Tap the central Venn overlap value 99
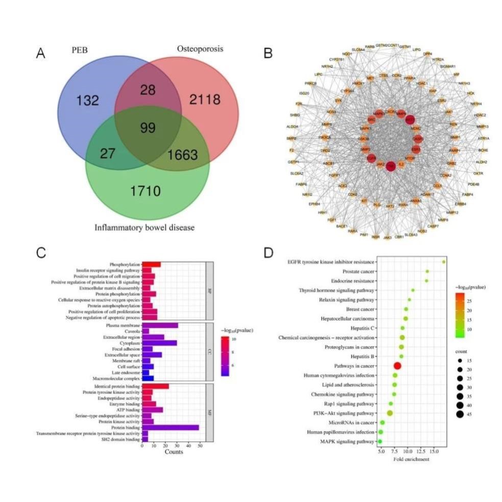tap(148, 128)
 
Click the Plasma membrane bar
tap(160, 325)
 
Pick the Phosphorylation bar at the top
tap(151, 264)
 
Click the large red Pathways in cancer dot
tap(397, 366)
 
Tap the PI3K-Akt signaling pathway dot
tap(390, 413)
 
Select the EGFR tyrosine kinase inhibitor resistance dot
tap(444, 262)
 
